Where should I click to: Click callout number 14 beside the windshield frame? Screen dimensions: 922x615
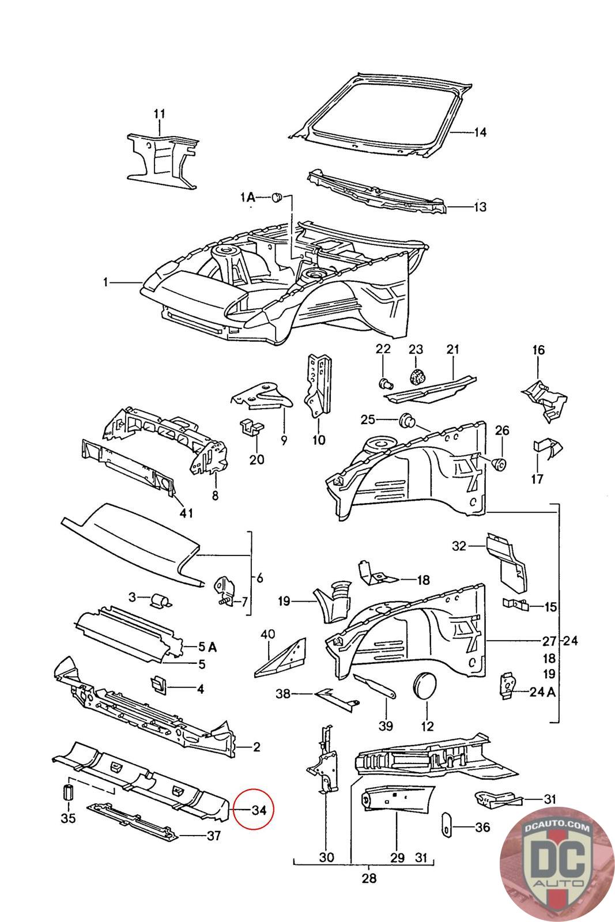click(480, 133)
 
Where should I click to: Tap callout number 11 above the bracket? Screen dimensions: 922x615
click(159, 114)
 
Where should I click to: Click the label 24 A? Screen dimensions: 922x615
click(542, 692)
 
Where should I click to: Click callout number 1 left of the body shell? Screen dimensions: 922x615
click(105, 282)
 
